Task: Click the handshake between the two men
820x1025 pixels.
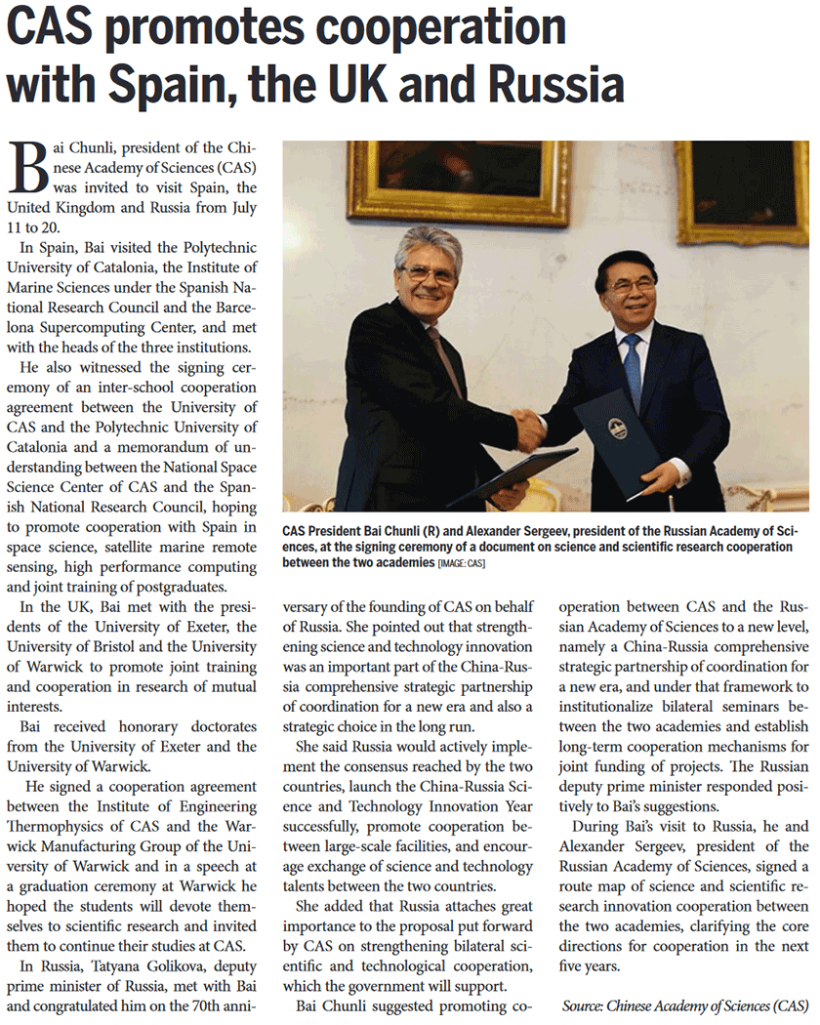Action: [529, 428]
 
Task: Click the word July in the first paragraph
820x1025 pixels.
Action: [234, 208]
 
